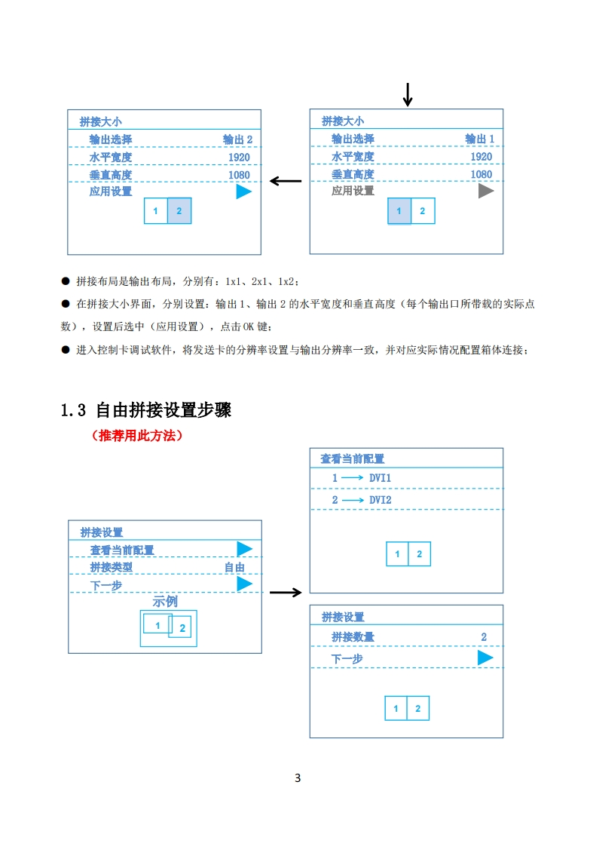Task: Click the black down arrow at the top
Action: tap(408, 94)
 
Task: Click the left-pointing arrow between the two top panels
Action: tap(286, 181)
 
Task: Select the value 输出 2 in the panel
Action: tap(237, 139)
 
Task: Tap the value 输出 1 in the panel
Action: tap(480, 139)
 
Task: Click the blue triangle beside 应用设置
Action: tap(243, 192)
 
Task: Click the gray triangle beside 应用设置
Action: tap(486, 192)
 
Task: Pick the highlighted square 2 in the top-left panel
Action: tap(179, 211)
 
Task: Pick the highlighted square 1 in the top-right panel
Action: tap(399, 211)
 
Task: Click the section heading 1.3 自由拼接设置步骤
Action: tap(145, 410)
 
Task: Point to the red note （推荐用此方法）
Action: tap(136, 436)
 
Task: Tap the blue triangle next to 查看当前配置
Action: tap(244, 550)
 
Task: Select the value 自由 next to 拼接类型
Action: tap(234, 568)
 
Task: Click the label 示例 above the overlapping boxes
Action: tap(165, 602)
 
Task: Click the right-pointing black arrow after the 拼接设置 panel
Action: tap(286, 593)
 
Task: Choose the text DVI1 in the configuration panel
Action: tap(380, 478)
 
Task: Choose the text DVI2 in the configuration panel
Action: tap(380, 500)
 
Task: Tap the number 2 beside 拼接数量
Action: tap(484, 637)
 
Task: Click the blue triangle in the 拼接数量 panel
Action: tap(485, 658)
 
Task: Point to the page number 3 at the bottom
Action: tap(298, 778)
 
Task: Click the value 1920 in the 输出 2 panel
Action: tap(239, 157)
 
